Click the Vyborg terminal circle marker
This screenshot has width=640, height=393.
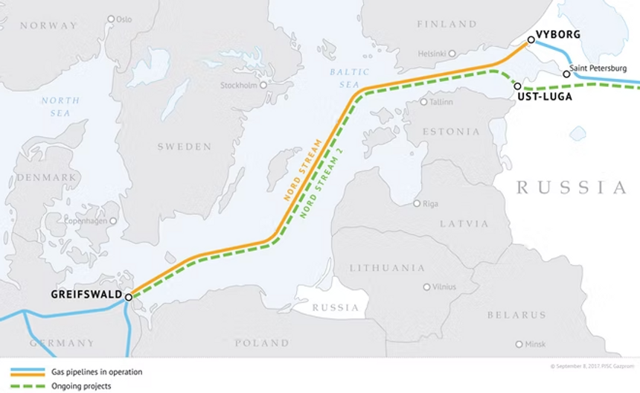pyautogui.click(x=531, y=39)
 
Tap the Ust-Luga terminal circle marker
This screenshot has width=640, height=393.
pyautogui.click(x=517, y=86)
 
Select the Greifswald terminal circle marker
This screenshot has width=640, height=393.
pyautogui.click(x=129, y=297)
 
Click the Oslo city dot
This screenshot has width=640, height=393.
pyautogui.click(x=111, y=19)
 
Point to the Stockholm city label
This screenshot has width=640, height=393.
pyautogui.click(x=238, y=86)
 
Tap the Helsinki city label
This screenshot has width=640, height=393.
pyautogui.click(x=432, y=54)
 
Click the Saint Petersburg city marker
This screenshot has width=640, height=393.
pyautogui.click(x=566, y=74)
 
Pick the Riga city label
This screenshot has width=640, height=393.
pyautogui.click(x=430, y=203)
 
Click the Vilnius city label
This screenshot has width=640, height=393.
pyautogui.click(x=444, y=287)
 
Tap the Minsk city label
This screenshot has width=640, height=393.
pyautogui.click(x=534, y=344)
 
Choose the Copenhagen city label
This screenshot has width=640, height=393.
pyautogui.click(x=86, y=221)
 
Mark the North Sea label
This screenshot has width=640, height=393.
pyautogui.click(x=56, y=106)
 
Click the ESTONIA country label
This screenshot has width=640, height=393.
pyautogui.click(x=452, y=132)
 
